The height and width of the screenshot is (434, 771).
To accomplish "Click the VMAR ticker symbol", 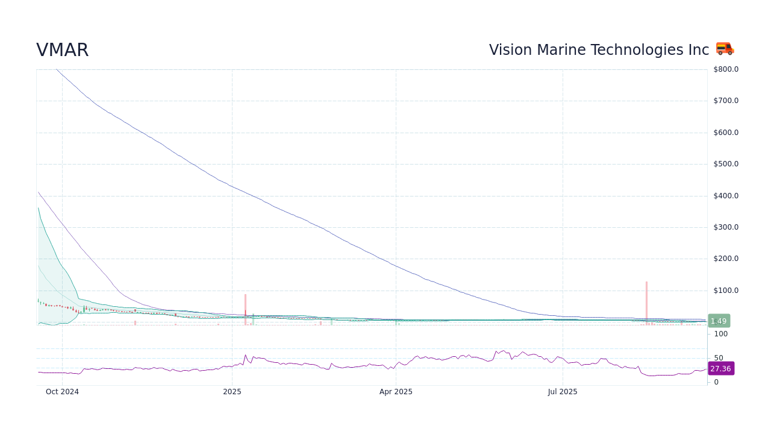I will pyautogui.click(x=63, y=51).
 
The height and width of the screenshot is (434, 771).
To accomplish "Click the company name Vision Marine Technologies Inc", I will pyautogui.click(x=599, y=50).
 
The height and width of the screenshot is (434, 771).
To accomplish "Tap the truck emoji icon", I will pyautogui.click(x=725, y=49).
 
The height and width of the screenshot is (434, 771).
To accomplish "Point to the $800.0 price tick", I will pyautogui.click(x=726, y=69).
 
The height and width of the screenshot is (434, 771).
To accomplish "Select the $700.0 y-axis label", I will pyautogui.click(x=726, y=101).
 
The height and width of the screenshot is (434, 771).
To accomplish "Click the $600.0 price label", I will pyautogui.click(x=726, y=133).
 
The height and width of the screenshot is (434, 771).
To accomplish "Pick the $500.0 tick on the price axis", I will pyautogui.click(x=726, y=164).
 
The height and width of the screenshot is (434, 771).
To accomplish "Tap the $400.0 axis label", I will pyautogui.click(x=726, y=196).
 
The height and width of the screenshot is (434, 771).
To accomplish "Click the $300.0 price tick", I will pyautogui.click(x=726, y=227).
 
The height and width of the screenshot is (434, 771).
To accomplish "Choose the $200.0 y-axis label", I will pyautogui.click(x=726, y=259).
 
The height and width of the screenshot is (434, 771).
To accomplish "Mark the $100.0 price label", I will pyautogui.click(x=726, y=291).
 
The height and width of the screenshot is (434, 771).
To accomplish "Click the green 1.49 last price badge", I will pyautogui.click(x=719, y=321).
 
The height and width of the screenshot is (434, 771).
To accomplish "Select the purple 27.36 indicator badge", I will pyautogui.click(x=720, y=368).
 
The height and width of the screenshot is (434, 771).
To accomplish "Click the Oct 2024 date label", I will pyautogui.click(x=62, y=392).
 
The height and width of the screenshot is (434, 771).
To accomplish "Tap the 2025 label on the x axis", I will pyautogui.click(x=232, y=392).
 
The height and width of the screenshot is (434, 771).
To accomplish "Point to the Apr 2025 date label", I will pyautogui.click(x=396, y=392).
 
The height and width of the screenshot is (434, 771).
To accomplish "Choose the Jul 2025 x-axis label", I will pyautogui.click(x=563, y=392).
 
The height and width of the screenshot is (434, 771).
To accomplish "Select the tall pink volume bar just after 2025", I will pyautogui.click(x=245, y=309).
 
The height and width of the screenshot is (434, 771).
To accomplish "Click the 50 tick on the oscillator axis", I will pyautogui.click(x=719, y=358).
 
